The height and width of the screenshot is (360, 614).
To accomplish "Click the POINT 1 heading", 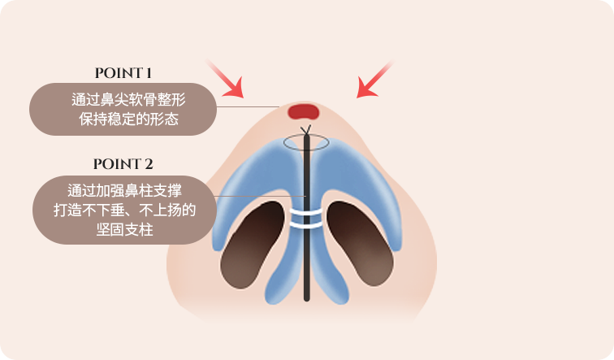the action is (123, 73).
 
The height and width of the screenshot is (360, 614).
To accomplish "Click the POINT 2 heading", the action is (123, 164).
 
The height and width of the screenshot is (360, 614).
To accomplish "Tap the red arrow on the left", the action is (224, 78).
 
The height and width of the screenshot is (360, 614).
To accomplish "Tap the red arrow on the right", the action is (374, 80).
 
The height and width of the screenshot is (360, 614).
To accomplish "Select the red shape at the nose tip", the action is (304, 111).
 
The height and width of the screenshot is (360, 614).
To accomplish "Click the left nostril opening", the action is (253, 245).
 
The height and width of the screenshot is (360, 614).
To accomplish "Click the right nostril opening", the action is (361, 244).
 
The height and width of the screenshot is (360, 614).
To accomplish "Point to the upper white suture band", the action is (306, 212).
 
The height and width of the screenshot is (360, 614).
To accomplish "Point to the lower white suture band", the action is (306, 225).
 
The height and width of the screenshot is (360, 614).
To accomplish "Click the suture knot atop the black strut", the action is (306, 130).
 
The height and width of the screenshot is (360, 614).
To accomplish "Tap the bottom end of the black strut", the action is (307, 299).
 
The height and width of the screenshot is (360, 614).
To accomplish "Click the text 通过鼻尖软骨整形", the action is (128, 99).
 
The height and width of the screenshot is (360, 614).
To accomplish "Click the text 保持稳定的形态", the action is (129, 119).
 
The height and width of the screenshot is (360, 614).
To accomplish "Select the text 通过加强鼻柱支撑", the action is (124, 191).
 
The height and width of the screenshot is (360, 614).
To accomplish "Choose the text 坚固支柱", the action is (124, 229).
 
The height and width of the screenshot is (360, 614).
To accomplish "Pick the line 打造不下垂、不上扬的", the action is (124, 210).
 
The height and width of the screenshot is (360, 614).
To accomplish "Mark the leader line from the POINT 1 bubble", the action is (248, 106).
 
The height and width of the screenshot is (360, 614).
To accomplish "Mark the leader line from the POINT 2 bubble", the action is (260, 197).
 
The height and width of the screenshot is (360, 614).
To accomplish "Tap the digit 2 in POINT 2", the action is (149, 164).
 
